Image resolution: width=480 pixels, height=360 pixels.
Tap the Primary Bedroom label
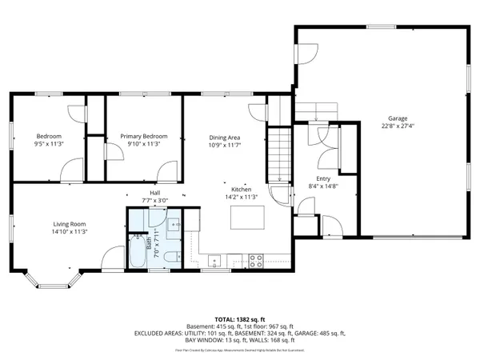[144, 136]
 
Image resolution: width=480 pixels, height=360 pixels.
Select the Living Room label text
[70, 224]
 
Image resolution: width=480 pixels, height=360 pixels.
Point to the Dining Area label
[225, 138]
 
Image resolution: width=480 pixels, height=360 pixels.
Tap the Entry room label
[323, 178]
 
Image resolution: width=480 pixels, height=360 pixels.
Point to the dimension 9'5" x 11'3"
[48, 145]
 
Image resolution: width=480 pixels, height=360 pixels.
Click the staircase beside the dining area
[278, 157]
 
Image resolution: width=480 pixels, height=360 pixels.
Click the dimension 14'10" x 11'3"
[70, 232]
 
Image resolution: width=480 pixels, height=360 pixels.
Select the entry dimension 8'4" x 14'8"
[323, 186]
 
